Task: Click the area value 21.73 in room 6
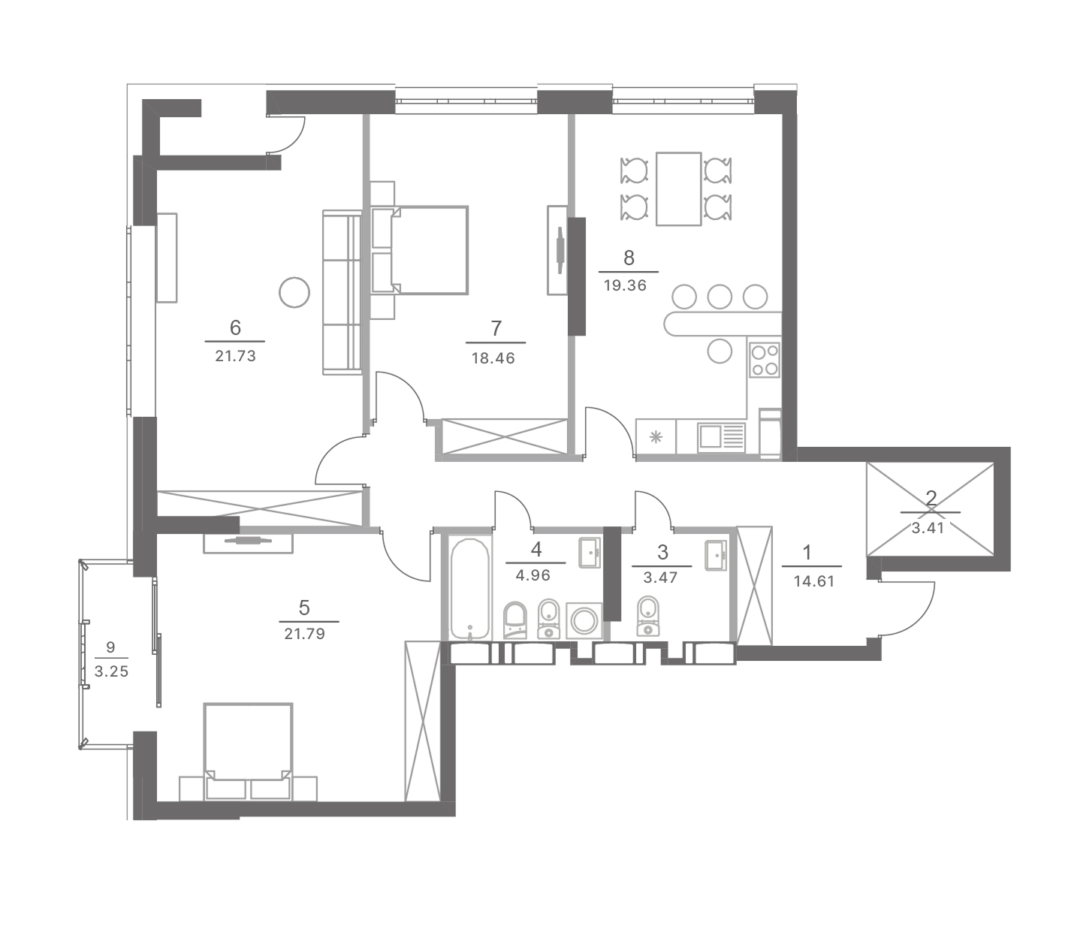tap(235, 356)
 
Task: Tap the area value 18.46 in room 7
tap(493, 358)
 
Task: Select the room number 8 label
tap(629, 258)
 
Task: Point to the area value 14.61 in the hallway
tap(814, 581)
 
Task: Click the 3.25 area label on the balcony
tap(111, 671)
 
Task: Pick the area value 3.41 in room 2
tap(928, 528)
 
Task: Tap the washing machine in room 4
tap(585, 621)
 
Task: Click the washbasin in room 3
tap(716, 555)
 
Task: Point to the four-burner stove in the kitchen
tap(765, 360)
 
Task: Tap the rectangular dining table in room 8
tap(679, 189)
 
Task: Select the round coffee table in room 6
tap(294, 292)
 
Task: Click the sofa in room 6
tap(342, 292)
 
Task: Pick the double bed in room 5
tap(248, 752)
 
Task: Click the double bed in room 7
tap(420, 250)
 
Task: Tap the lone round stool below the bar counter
tap(720, 351)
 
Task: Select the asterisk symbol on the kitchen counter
tap(656, 437)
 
